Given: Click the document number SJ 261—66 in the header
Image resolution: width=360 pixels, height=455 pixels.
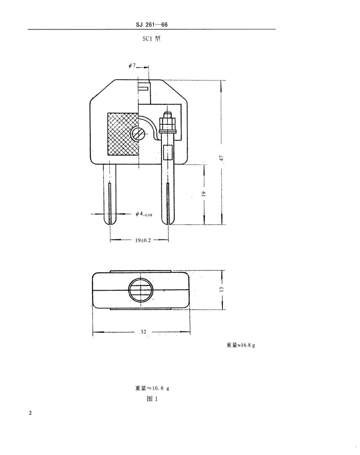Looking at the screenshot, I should coord(151,25).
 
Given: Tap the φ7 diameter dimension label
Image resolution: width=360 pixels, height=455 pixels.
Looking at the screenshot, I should coord(132,66).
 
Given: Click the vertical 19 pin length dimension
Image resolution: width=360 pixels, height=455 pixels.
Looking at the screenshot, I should coord(203,193).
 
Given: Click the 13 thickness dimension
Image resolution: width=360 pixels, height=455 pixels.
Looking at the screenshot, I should coord(222,289).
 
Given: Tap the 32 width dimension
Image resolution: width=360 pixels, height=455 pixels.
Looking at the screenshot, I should coord(143,332).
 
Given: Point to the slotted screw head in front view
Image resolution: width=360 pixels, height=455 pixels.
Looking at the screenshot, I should coord(138,134).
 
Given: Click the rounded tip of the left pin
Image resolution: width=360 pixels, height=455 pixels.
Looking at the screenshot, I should coord(110,221).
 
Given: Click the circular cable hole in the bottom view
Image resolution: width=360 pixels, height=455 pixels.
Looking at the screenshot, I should coord(141,290).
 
